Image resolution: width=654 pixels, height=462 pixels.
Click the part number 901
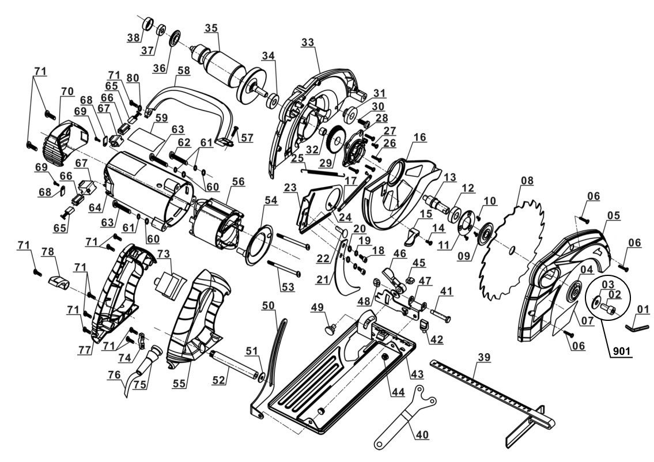coord(621,350)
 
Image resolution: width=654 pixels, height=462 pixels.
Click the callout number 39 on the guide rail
coord(484,358)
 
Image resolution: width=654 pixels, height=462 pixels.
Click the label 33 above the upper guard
coord(308,41)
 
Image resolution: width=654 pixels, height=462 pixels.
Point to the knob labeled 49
coord(331,330)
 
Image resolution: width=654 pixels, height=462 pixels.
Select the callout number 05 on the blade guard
coord(614,215)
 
